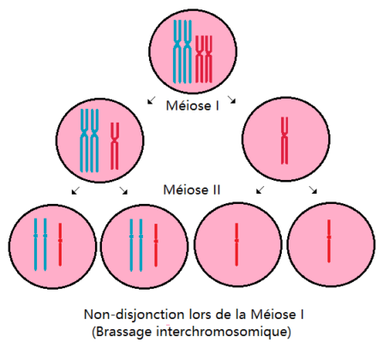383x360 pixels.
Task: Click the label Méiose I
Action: click(193, 105)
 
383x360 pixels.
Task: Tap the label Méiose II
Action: click(192, 189)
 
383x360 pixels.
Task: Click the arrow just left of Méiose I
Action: click(152, 100)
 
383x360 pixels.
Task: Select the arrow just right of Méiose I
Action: click(231, 99)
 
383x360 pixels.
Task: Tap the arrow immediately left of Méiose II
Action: click(123, 190)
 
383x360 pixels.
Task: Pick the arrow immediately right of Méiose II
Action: click(260, 189)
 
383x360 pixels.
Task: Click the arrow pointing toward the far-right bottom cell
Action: click(313, 189)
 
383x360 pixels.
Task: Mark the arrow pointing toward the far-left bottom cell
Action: click(75, 190)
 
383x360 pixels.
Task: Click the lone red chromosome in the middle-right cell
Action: click(284, 141)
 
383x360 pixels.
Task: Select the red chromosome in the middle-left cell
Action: click(115, 146)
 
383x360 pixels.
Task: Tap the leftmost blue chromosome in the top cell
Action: click(177, 51)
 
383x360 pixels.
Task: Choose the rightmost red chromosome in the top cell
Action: click(209, 59)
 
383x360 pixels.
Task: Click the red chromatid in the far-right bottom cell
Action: click(329, 241)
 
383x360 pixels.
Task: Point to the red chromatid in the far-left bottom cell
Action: click(60, 244)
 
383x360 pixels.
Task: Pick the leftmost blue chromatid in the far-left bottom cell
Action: click(36, 244)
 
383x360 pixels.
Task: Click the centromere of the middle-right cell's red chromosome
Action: click(284, 138)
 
